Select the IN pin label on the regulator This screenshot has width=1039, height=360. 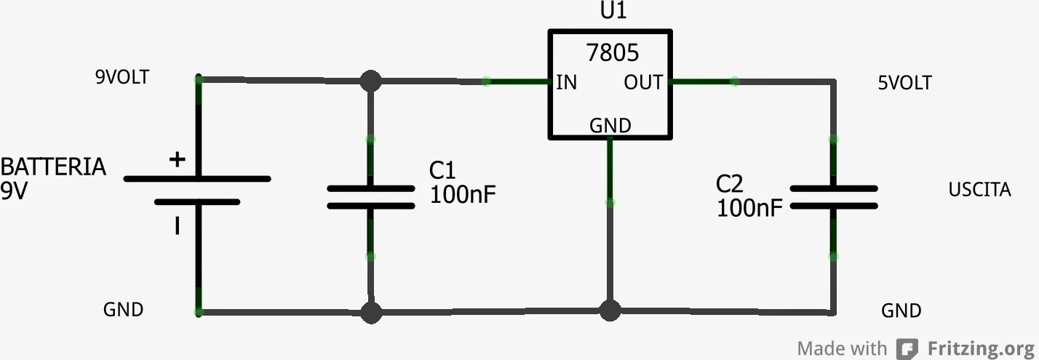566,82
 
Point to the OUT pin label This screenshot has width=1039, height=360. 643,82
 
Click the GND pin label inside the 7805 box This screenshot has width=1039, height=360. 610,126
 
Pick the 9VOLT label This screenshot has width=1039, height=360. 122,77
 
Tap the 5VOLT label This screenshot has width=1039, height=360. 904,83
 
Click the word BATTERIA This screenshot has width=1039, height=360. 53,167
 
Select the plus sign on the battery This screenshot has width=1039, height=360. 177,160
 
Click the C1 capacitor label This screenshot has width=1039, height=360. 442,171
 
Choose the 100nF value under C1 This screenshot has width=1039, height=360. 463,195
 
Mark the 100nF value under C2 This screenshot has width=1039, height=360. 749,209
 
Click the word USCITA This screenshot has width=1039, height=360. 979,191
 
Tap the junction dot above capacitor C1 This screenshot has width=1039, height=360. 371,81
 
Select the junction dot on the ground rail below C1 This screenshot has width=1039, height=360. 371,313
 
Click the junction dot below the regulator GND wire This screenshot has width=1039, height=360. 610,311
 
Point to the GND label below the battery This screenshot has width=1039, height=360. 123,310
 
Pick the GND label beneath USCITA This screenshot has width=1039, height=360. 901,311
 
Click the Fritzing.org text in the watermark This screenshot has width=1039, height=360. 980,348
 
